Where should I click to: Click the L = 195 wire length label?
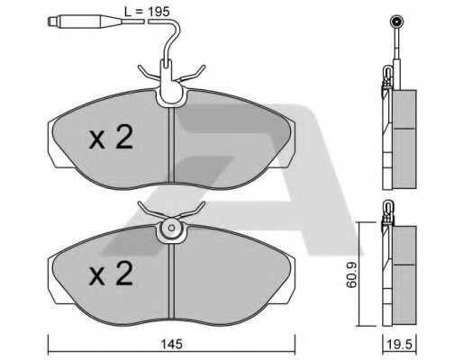pos(147,12)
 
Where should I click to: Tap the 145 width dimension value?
pos(171,344)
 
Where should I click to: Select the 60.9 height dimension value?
pos(350,274)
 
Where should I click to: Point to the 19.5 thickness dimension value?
pos(399,344)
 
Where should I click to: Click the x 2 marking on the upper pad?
pos(111,137)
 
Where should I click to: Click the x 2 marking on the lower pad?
pos(111,273)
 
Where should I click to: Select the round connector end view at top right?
pos(396,22)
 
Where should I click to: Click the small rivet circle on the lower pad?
pos(171,228)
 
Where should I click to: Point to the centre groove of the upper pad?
pos(171,145)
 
